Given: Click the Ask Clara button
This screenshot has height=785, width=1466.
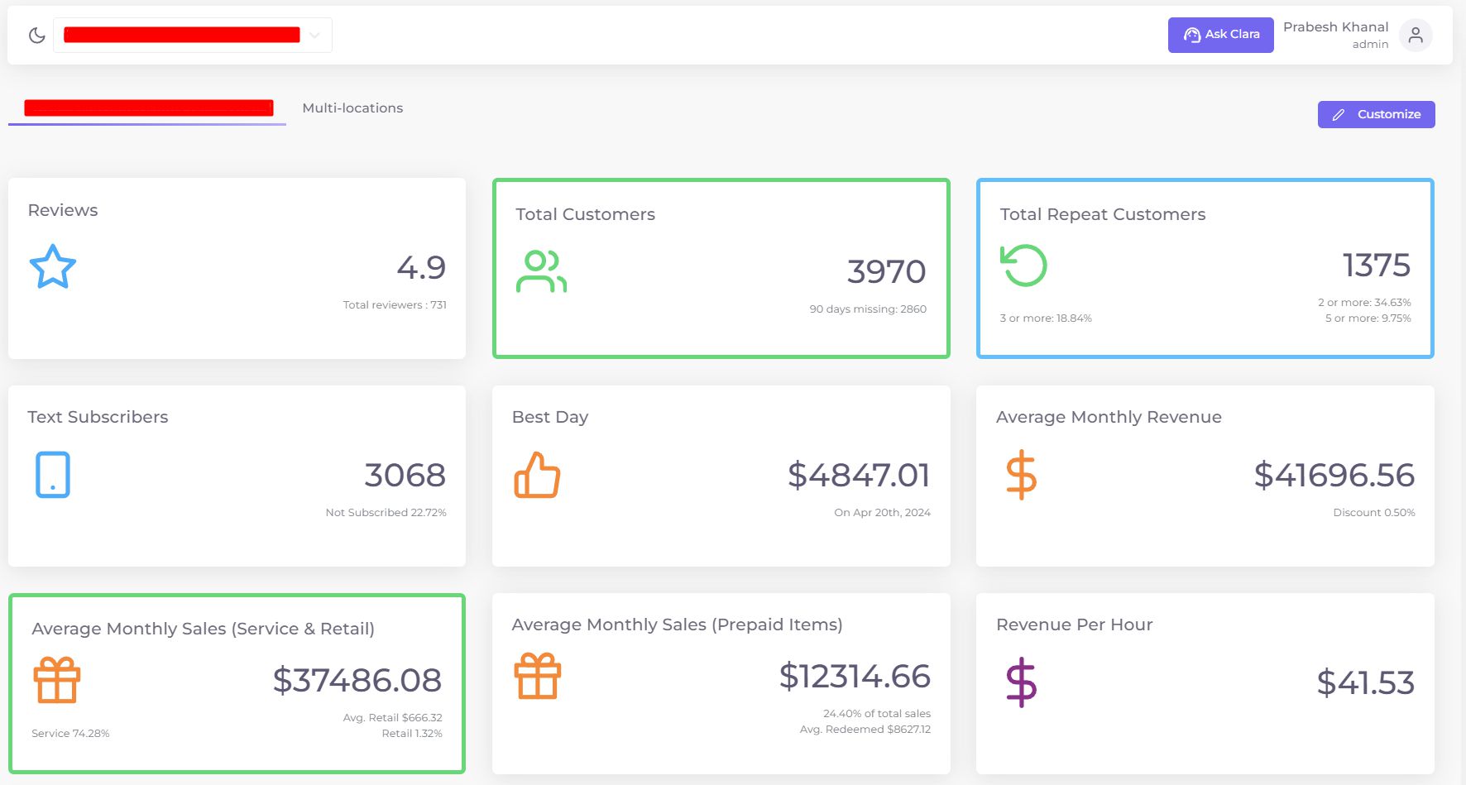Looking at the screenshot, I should pos(1220,35).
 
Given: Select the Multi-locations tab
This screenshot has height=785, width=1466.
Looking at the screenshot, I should pos(352,108).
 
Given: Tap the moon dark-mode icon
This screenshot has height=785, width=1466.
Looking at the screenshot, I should pos(36,36).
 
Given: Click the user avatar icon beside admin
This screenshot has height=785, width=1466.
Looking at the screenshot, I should pos(1416,36).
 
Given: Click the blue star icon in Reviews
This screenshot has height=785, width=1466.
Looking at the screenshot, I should pos(53,266).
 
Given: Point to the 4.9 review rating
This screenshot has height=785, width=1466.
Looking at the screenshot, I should pos(421,267).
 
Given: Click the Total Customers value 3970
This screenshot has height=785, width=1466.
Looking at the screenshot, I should pos(886,271).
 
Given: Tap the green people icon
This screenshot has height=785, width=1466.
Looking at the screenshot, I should pos(541,271).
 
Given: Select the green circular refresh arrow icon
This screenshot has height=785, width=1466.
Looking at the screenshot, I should pos(1023,266).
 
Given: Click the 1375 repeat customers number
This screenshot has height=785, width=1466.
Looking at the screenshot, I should pos(1376,266).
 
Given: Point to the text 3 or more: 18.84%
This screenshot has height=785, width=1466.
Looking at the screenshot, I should pos(1046,318).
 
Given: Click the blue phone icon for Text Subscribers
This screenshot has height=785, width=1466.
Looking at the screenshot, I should pos(53,475).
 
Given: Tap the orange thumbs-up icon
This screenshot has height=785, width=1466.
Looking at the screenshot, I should pos(538,475).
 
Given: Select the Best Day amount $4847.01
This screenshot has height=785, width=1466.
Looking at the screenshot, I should pos(859,475).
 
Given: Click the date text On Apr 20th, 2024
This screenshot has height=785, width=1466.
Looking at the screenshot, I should pos(882,513).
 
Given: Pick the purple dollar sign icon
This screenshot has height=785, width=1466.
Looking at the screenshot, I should pos(1021,682).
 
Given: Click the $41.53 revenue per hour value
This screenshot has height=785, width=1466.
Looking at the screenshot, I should pos(1365,682).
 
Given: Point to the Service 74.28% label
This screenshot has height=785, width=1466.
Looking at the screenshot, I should pos(70,734).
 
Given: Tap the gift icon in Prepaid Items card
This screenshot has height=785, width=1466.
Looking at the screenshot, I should pos(538,677).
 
